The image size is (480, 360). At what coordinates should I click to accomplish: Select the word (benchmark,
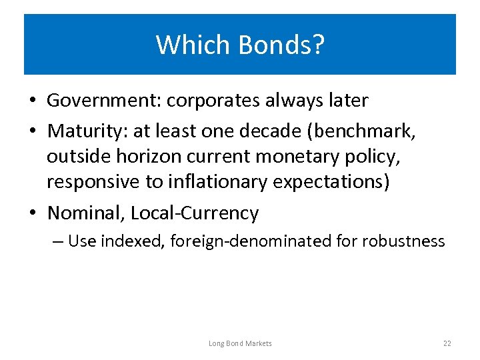click(369, 131)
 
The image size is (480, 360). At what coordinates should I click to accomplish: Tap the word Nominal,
click(86, 213)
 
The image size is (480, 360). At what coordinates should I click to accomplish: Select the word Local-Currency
click(195, 213)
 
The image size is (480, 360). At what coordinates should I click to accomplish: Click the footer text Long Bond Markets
click(240, 343)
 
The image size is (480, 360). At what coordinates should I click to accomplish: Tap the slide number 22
click(447, 343)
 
